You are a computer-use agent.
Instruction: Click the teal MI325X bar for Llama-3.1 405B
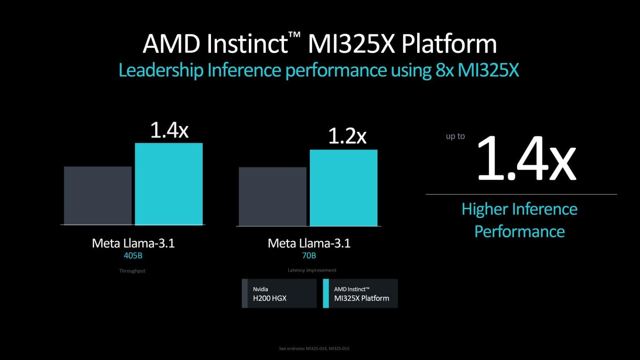169,184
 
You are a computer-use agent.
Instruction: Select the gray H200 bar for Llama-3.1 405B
98,196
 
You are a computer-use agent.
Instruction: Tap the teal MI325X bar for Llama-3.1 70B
343,188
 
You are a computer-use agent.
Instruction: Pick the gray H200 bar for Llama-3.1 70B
272,196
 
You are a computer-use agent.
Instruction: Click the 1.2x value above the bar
347,136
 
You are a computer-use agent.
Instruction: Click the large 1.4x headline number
526,159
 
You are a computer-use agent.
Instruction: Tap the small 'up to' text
455,136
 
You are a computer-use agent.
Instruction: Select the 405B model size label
133,255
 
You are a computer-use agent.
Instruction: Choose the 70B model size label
309,255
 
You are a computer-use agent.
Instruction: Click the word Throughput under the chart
132,271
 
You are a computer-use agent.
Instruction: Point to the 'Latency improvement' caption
312,270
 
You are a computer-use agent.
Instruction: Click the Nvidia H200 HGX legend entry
279,294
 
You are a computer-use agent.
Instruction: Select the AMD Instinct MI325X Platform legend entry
360,294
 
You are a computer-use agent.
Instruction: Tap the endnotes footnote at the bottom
314,349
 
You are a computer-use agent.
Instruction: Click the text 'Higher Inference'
519,209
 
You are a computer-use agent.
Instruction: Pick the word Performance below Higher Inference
519,231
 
